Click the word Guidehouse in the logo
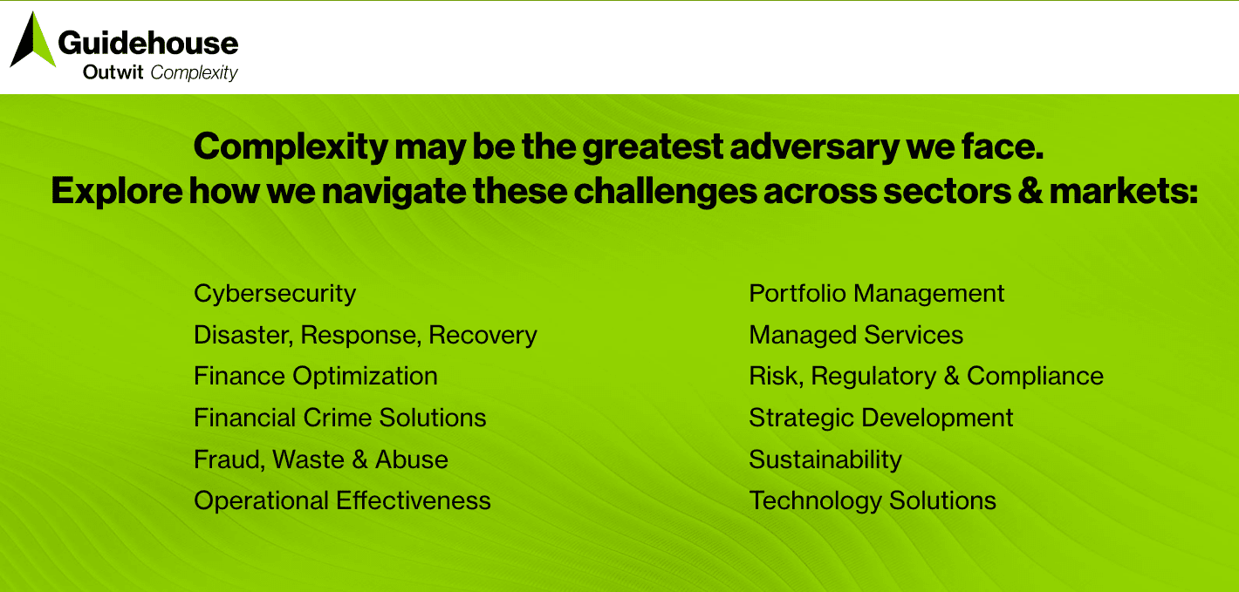(x=148, y=43)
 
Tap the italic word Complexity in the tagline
(x=195, y=72)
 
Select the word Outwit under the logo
(x=113, y=71)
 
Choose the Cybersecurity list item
(x=275, y=294)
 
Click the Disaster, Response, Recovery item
(x=366, y=335)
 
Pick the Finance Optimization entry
(x=316, y=377)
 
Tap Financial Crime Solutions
(x=340, y=418)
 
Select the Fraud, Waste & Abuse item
(x=321, y=459)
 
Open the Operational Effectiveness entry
(x=342, y=500)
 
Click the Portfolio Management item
(x=877, y=294)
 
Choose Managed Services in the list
(x=856, y=335)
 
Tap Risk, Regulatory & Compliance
(x=927, y=377)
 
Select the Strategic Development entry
(x=881, y=418)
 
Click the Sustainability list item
(x=825, y=459)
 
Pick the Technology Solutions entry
(x=873, y=500)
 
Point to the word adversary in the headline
(x=814, y=147)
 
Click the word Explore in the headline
(x=117, y=191)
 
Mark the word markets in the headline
(x=1124, y=191)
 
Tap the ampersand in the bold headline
(x=1030, y=191)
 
